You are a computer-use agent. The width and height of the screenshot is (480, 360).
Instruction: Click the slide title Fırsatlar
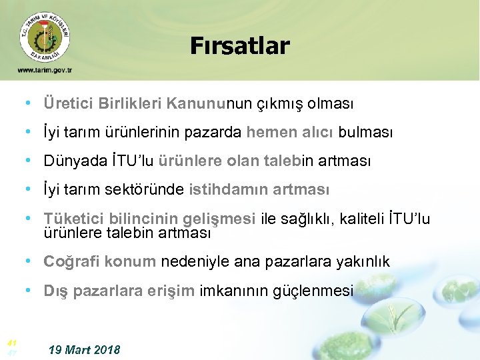pyautogui.click(x=239, y=46)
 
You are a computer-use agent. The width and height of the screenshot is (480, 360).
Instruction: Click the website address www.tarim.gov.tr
pyautogui.click(x=45, y=70)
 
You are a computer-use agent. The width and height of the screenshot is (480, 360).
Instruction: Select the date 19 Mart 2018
pyautogui.click(x=85, y=349)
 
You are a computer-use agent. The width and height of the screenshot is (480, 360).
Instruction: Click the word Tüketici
pyautogui.click(x=71, y=219)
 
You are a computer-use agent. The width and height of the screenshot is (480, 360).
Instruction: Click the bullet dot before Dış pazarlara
pyautogui.click(x=29, y=291)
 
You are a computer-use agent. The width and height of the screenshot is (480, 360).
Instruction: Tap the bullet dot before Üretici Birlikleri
pyautogui.click(x=29, y=104)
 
